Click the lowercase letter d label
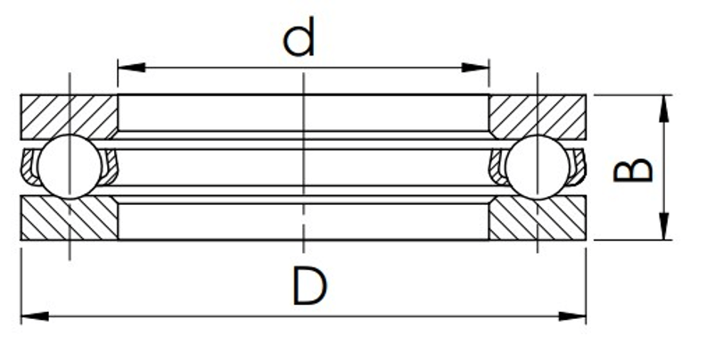[x=300, y=37]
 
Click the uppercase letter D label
[x=309, y=286]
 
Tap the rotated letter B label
[x=633, y=170]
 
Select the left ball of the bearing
[x=70, y=167]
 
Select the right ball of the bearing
[x=538, y=168]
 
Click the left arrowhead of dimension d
[x=131, y=68]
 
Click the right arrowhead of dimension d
[x=475, y=68]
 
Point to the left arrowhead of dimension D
[x=35, y=316]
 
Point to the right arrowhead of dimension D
[x=572, y=316]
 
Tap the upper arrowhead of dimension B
[x=664, y=109]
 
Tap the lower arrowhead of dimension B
[x=664, y=226]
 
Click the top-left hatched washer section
[x=69, y=117]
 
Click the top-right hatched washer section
[x=538, y=117]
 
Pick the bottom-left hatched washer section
[x=69, y=218]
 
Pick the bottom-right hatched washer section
[x=538, y=218]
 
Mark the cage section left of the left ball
[x=30, y=168]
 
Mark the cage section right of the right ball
[x=577, y=168]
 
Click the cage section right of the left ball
[x=110, y=168]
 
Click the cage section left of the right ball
[x=497, y=168]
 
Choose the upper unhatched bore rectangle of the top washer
[x=303, y=112]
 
